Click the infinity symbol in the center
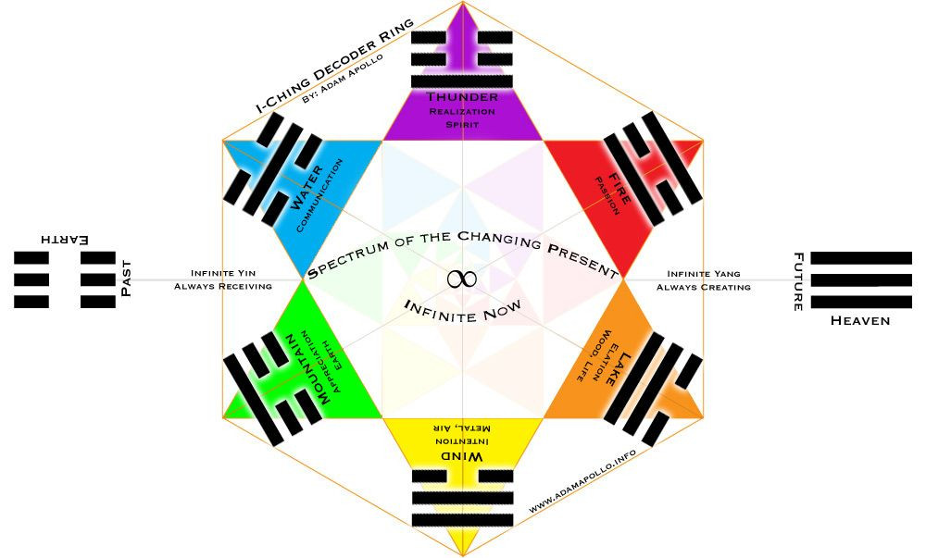[462, 279]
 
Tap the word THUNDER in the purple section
[462, 97]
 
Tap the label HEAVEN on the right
[860, 320]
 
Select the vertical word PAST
[127, 278]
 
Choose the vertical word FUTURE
[797, 281]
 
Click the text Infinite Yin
[223, 273]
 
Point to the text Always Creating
[704, 287]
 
